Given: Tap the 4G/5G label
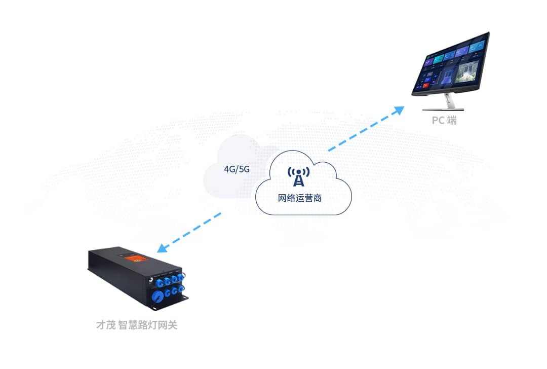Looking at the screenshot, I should point(237,169).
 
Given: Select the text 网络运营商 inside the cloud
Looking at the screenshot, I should point(300,198).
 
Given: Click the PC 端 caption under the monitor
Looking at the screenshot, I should point(444,121).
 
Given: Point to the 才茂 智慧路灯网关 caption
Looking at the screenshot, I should point(137,325).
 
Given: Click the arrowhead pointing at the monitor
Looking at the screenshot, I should point(400,109).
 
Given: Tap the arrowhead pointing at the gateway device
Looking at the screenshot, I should point(162,248).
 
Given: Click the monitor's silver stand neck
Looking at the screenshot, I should point(448,100).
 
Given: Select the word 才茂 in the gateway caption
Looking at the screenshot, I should point(106,325).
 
